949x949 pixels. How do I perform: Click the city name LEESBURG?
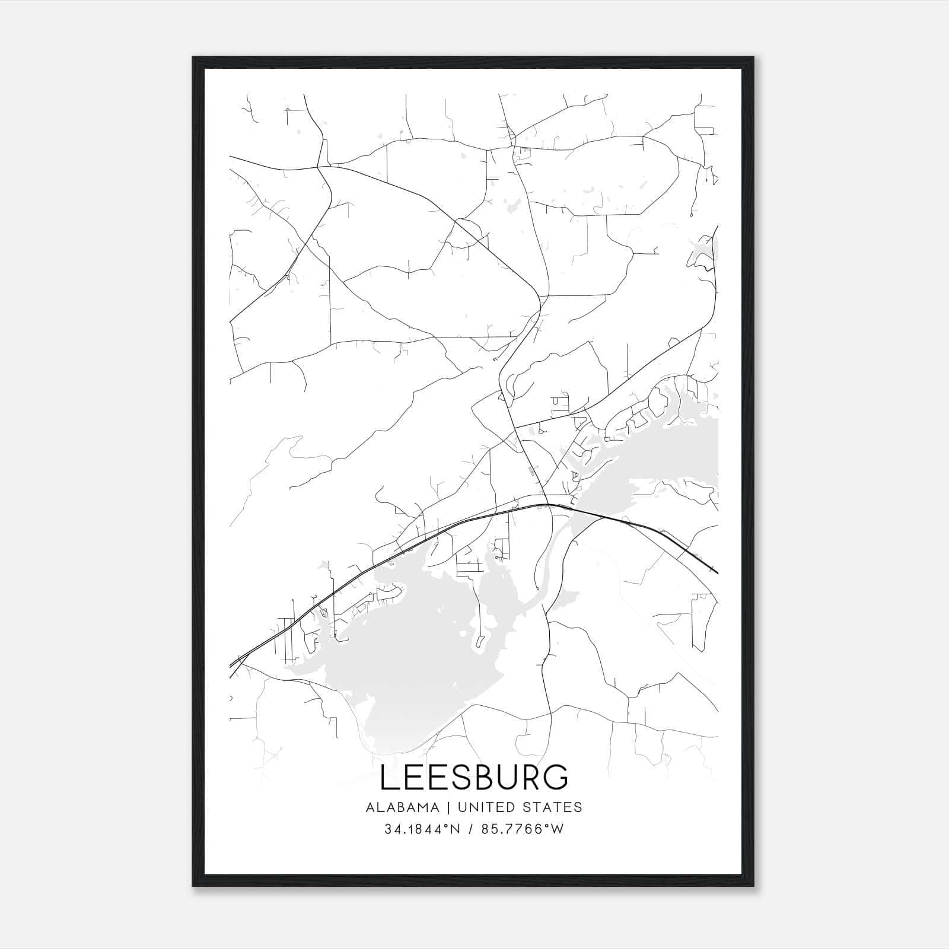click(x=474, y=778)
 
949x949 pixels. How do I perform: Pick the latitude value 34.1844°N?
click(x=422, y=829)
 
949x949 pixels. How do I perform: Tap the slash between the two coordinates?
click(x=470, y=829)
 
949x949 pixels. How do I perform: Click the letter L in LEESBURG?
click(x=389, y=778)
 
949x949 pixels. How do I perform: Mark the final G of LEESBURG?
click(x=555, y=778)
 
